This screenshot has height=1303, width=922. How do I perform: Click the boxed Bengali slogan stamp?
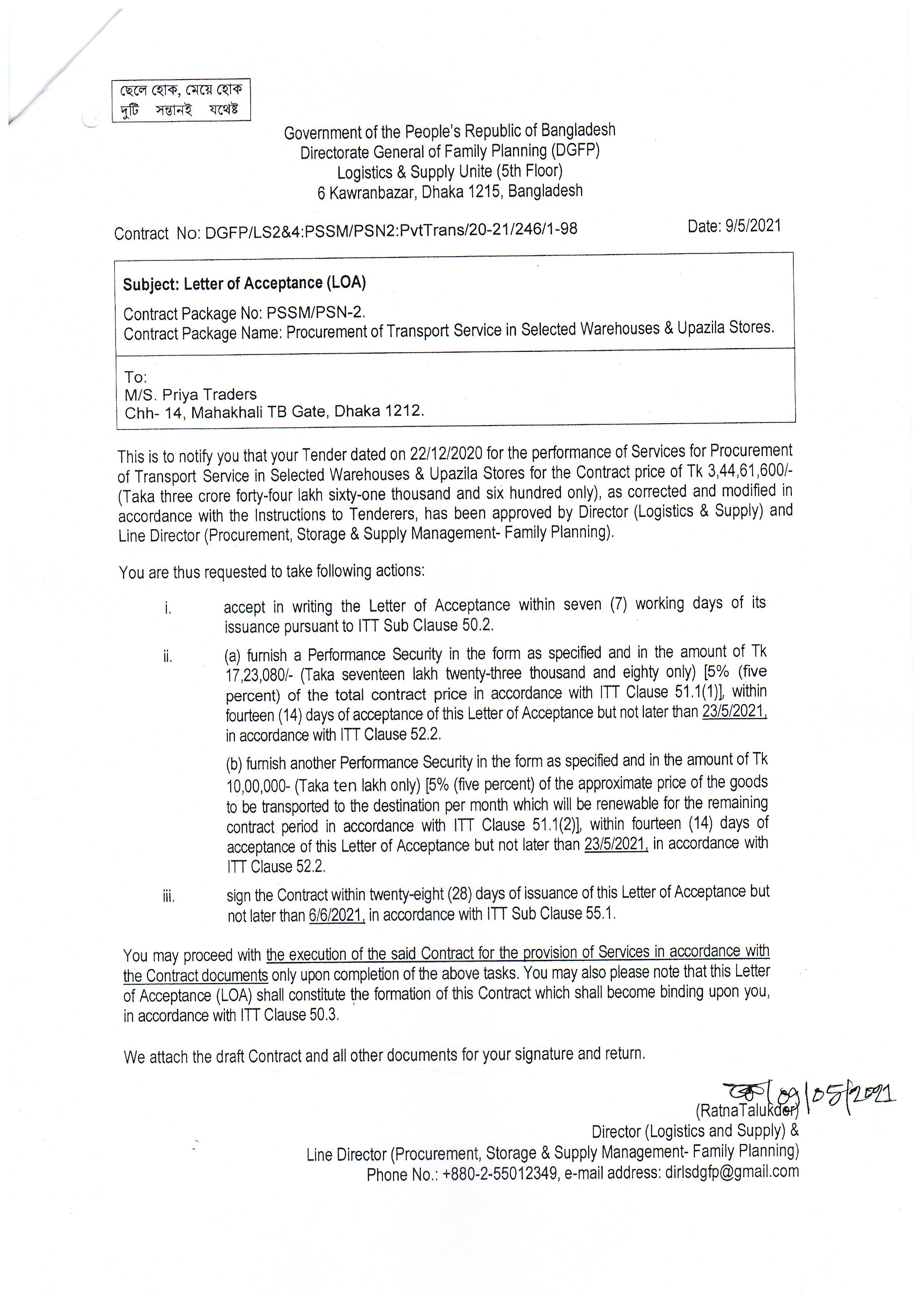pos(181,100)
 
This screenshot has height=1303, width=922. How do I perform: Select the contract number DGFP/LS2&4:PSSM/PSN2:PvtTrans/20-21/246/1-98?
pos(391,230)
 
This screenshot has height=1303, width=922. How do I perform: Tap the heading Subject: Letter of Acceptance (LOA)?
pos(244,283)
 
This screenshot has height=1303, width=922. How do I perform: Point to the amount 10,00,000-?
pos(259,786)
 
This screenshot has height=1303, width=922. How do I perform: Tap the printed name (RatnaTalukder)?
pos(746,1110)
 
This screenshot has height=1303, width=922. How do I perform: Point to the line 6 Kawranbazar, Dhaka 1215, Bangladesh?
pos(449,192)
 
